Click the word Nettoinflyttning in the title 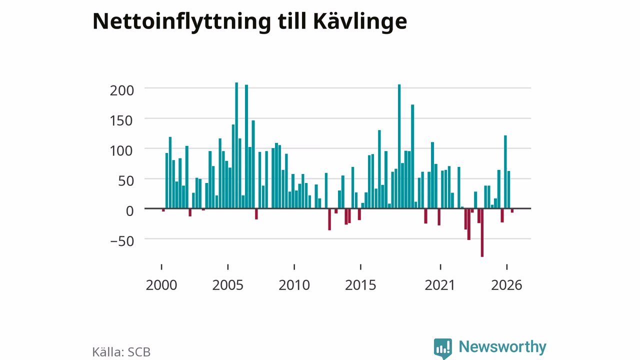(181, 21)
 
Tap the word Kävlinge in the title (360, 21)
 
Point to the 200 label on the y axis (122, 90)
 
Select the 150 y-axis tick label (122, 120)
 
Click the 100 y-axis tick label (122, 151)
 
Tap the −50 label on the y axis (122, 241)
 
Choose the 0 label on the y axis (130, 211)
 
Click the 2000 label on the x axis (161, 285)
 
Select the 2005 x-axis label (227, 285)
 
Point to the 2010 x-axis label (294, 285)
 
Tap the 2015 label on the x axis (360, 285)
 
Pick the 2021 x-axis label (440, 285)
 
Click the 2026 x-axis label (506, 285)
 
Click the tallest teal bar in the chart (236, 145)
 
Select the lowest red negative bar (482, 232)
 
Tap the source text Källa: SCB (121, 351)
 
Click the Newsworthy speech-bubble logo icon (443, 348)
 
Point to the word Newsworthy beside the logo (502, 347)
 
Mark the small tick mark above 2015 (360, 267)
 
